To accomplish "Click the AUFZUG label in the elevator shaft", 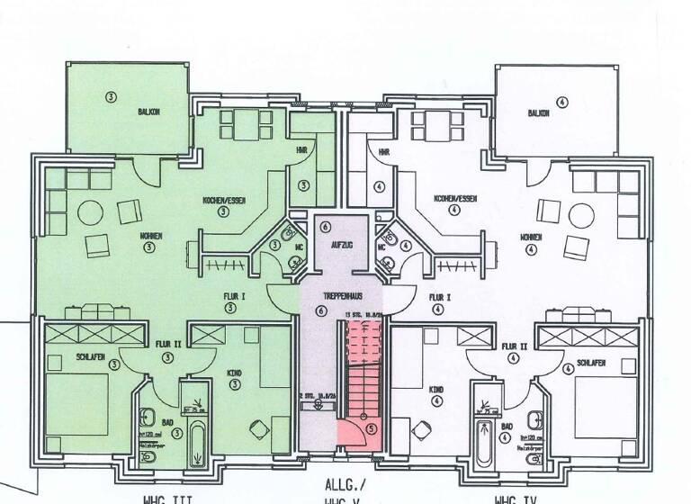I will (x=341, y=244).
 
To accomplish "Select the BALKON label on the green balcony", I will (x=149, y=113).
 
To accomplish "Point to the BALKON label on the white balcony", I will (x=539, y=113).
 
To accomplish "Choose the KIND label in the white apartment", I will (x=436, y=390).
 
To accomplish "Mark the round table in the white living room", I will (x=546, y=212).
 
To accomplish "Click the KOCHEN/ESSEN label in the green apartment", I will (x=224, y=199).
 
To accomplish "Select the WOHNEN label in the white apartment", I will (x=531, y=237).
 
